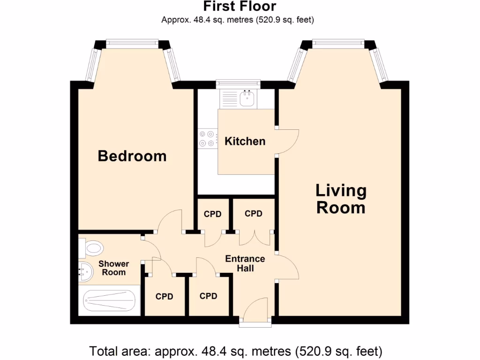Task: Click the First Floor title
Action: coord(240,7)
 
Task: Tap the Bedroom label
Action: coord(132,156)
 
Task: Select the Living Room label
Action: coord(341,199)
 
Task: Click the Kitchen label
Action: coord(245,141)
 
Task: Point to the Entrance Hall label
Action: coord(245,263)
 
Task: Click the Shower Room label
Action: coord(113,268)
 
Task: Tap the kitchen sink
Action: coord(247,98)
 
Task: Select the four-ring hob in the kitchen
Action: coord(207,139)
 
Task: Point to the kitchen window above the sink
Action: coord(238,83)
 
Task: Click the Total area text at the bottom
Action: coord(236,351)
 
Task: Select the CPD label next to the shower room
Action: coord(165,296)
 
